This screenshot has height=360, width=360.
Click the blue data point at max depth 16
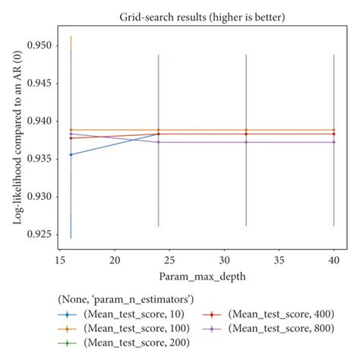point(71,154)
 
